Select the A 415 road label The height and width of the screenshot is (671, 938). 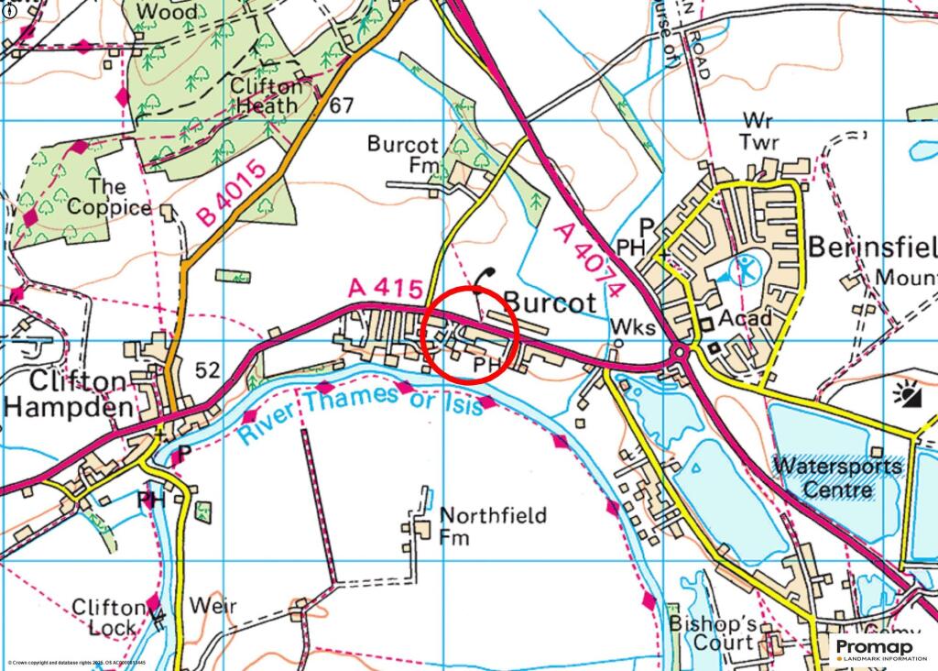tap(386, 288)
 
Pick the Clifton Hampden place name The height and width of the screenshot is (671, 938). tap(69, 394)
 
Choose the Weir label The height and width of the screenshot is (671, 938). tap(213, 606)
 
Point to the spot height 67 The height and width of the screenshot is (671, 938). tap(341, 105)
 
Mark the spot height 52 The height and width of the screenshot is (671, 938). tap(207, 369)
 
